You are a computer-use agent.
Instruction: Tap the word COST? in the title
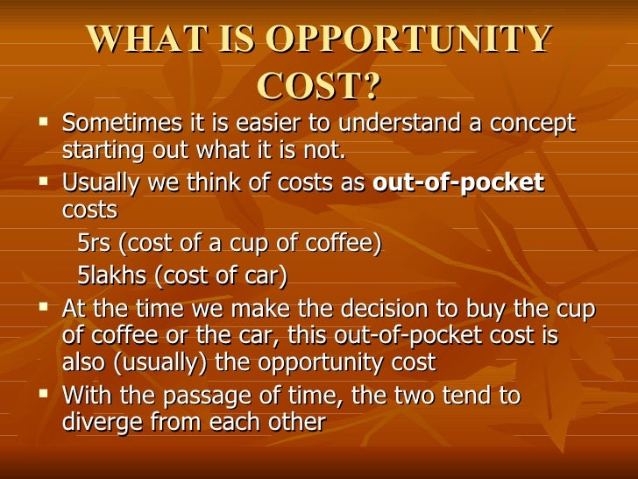(321, 86)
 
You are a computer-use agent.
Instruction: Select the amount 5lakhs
(112, 276)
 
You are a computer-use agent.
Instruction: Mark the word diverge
(99, 421)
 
